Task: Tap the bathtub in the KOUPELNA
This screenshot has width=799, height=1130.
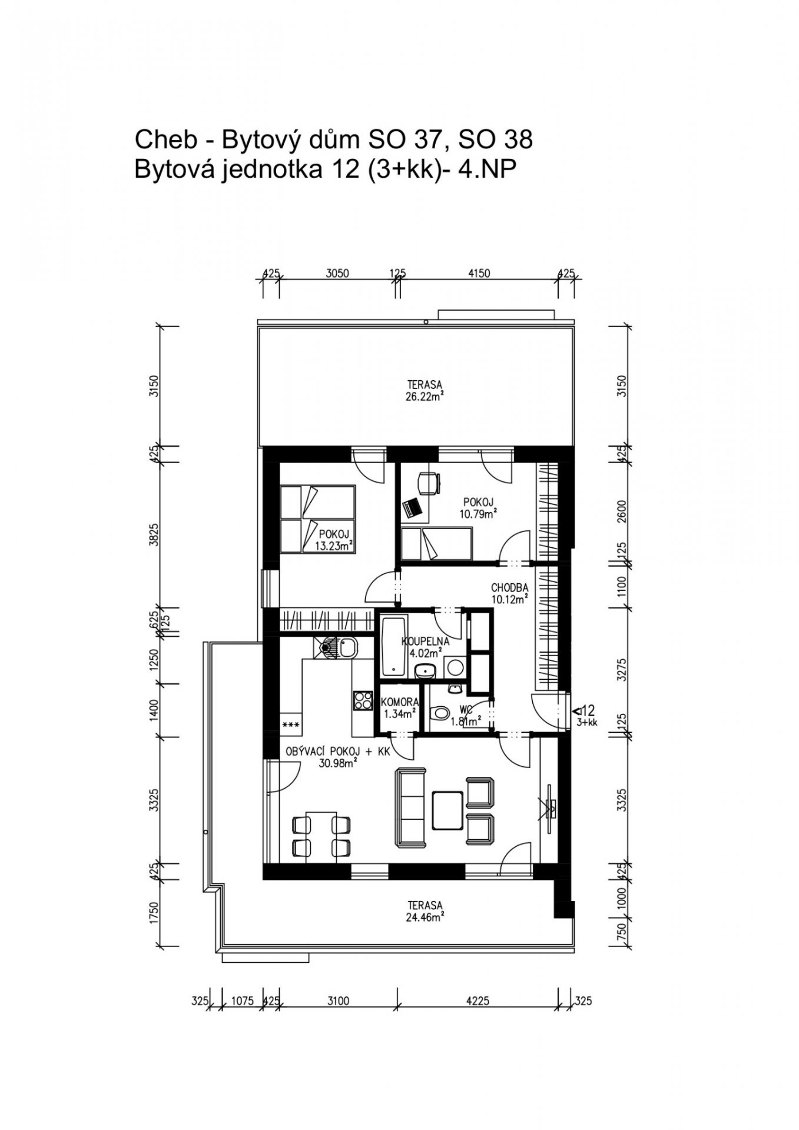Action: [393, 647]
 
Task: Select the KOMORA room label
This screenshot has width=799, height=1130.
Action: [400, 702]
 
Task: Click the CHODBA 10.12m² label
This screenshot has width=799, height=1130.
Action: [509, 593]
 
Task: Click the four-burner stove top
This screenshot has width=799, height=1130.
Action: [363, 700]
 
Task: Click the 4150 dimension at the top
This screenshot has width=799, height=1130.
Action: [479, 273]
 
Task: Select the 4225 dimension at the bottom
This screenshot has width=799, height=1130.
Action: [478, 1001]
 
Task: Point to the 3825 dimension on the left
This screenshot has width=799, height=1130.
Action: [154, 535]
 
